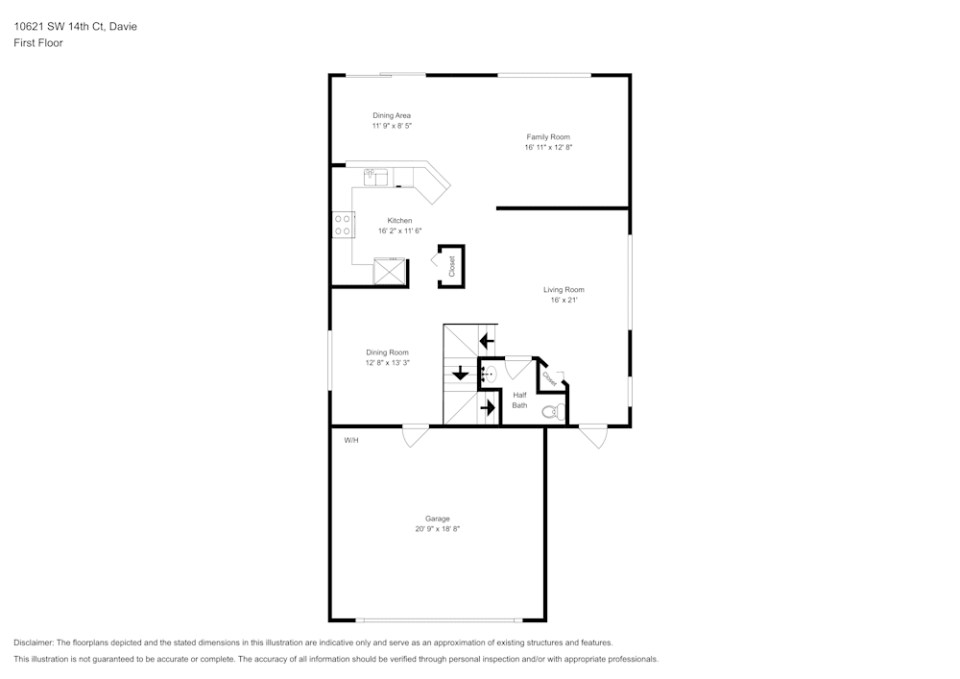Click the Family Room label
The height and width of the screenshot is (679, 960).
[548, 137]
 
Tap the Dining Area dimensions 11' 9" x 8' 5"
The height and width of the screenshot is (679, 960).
[392, 126]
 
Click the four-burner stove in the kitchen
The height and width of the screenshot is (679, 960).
[342, 225]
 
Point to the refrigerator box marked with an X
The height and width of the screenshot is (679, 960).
[390, 272]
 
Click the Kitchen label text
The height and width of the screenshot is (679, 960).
[399, 221]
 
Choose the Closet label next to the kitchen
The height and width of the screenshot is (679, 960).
[452, 266]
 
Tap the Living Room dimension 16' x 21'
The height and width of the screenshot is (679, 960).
[564, 301]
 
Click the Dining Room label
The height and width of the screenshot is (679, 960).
[387, 352]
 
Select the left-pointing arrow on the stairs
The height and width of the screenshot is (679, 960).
[486, 340]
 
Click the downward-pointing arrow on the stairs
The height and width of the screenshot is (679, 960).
[461, 373]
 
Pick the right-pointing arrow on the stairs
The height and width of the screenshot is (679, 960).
[488, 407]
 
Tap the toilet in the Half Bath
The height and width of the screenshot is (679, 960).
[551, 412]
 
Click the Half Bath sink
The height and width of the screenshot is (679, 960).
[489, 375]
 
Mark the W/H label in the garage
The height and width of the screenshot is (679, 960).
[351, 441]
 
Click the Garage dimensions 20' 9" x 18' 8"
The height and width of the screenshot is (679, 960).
[438, 529]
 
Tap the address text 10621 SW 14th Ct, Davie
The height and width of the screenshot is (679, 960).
[75, 27]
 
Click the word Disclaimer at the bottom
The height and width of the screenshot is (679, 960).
[34, 643]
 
